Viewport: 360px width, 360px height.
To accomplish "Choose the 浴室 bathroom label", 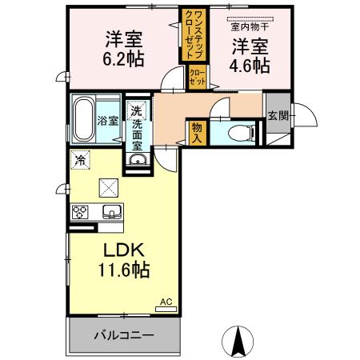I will click(109, 122).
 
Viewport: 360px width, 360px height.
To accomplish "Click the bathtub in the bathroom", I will click(84, 121).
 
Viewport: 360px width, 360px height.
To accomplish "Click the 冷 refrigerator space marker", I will click(80, 159).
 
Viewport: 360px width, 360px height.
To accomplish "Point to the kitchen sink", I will click(111, 212).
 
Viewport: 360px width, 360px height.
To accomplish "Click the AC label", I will click(166, 301).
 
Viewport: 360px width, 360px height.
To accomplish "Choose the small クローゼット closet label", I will click(198, 78).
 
